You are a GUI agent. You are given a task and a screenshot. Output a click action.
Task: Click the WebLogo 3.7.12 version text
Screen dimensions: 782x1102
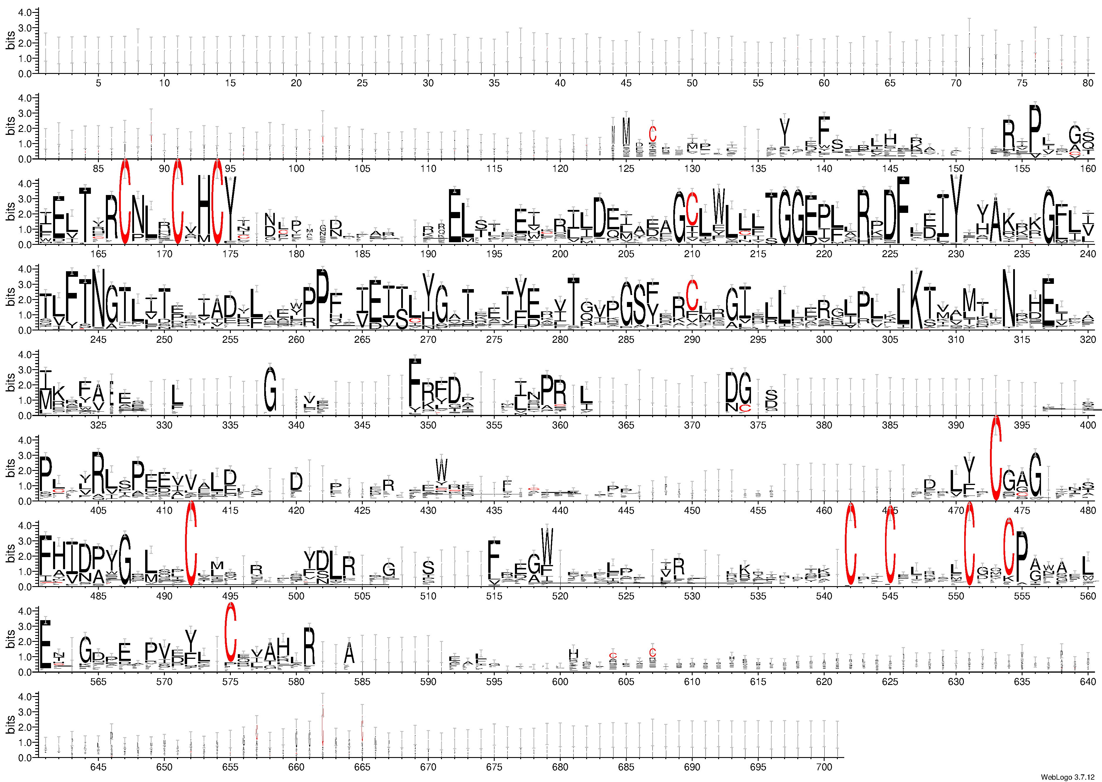[x=1069, y=777]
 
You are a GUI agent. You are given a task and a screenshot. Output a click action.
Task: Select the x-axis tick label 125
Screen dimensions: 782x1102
[x=626, y=169]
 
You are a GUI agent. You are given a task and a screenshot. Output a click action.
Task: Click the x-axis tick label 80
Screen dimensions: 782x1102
[x=1088, y=83]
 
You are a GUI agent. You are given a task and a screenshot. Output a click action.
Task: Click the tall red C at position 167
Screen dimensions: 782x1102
[x=125, y=202]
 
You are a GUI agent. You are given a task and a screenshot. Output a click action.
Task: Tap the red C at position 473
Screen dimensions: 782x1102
[x=996, y=457]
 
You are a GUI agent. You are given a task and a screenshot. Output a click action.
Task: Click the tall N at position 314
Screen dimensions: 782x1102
[x=1008, y=298]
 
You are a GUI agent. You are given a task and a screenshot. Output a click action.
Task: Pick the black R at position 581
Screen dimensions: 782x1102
[x=310, y=645]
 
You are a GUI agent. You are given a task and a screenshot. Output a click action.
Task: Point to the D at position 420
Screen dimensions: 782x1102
[x=296, y=481]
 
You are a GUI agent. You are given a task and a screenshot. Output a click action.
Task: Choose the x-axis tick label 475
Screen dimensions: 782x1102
[x=1022, y=510]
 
